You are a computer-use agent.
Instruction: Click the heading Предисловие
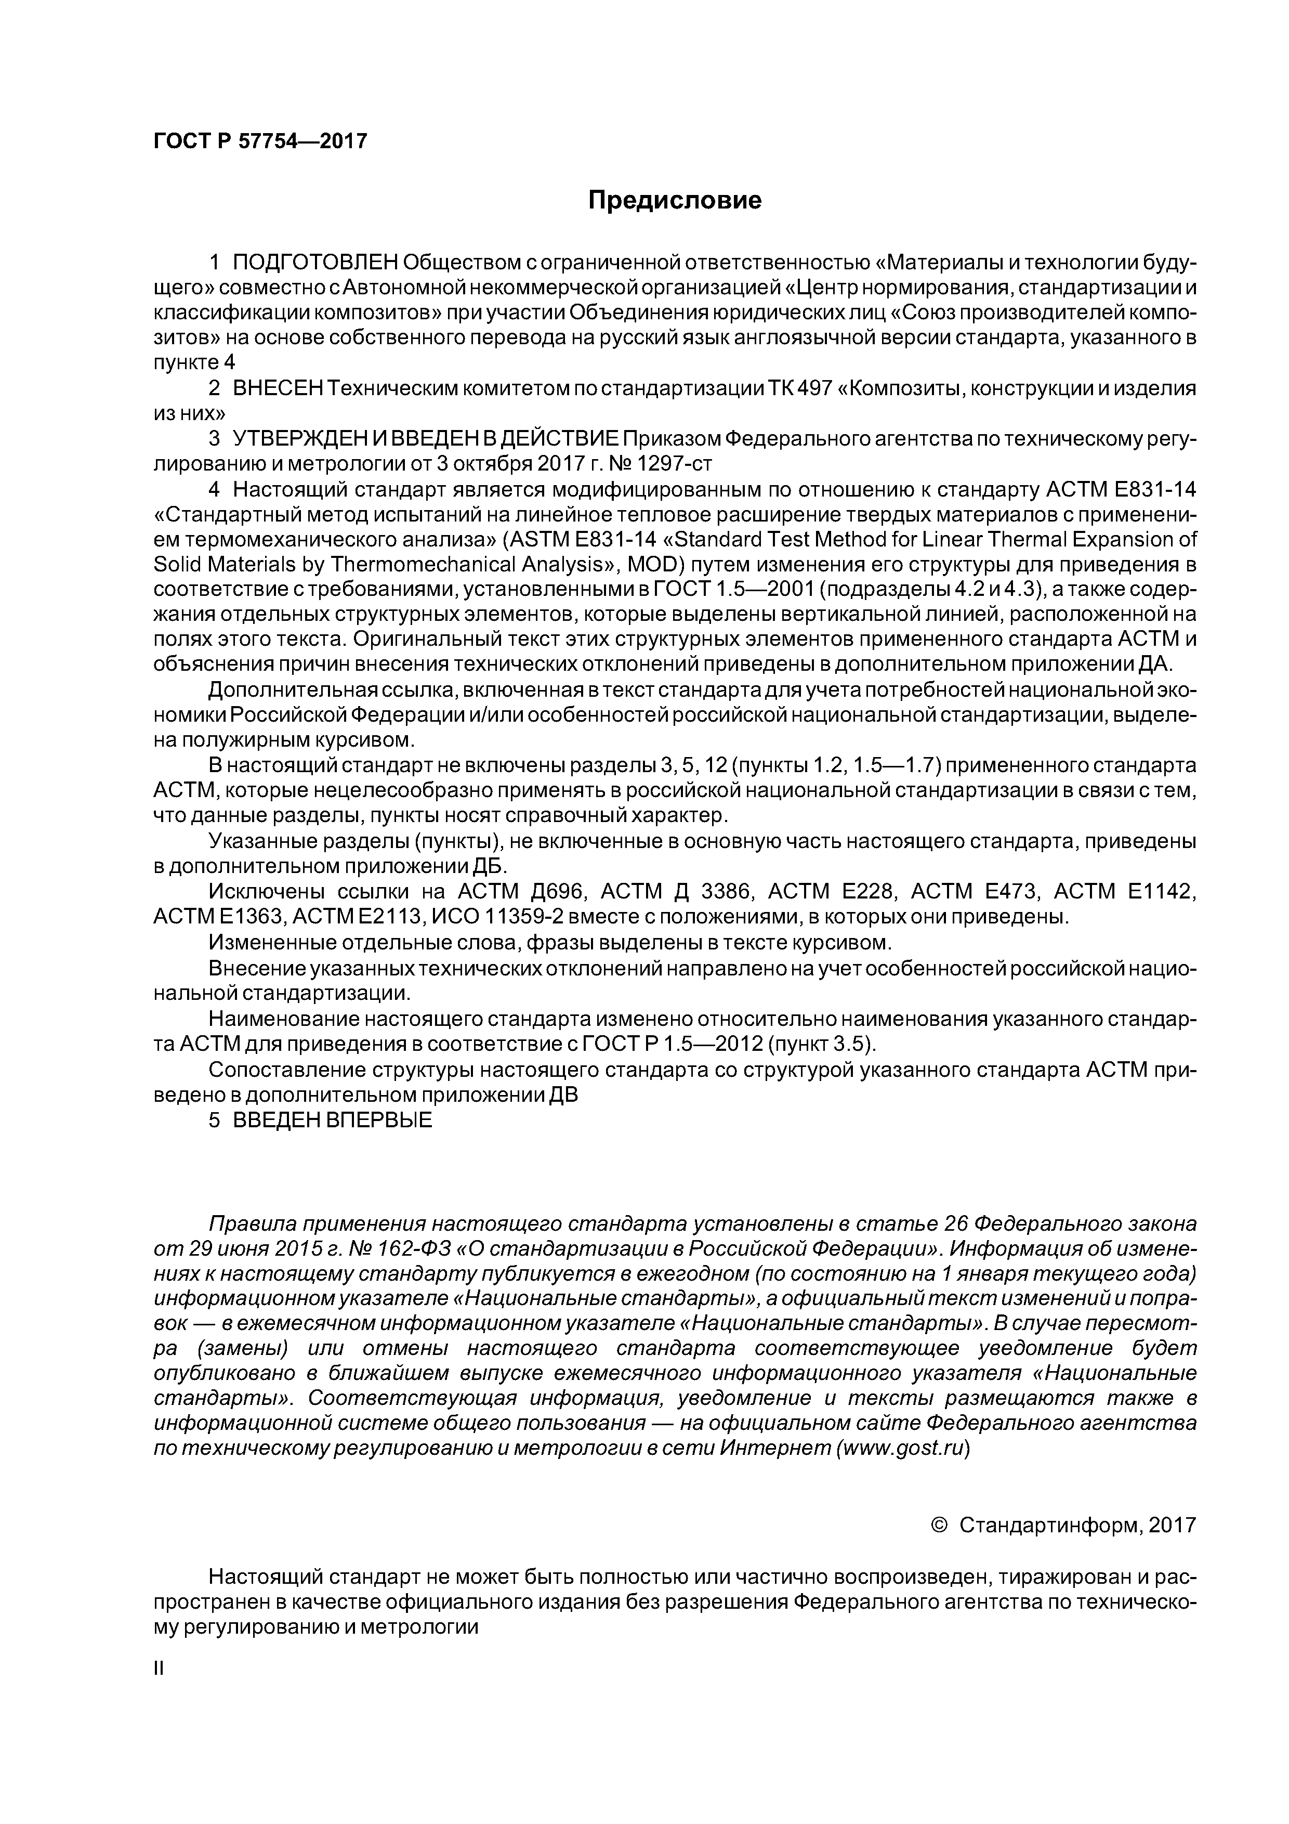[674, 200]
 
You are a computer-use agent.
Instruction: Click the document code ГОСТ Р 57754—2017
[260, 141]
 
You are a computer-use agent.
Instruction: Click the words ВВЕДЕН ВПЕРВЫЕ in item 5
[333, 1119]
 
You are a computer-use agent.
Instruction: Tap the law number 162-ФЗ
[416, 1246]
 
